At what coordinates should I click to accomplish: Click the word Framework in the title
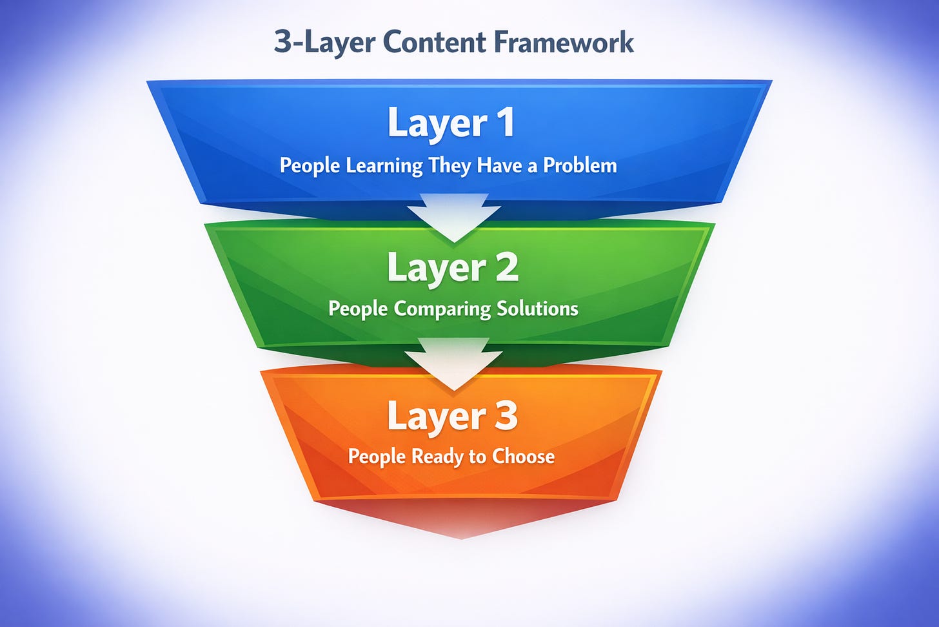tap(564, 43)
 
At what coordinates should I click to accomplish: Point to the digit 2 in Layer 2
tap(507, 267)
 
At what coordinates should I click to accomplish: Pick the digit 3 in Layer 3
tap(506, 416)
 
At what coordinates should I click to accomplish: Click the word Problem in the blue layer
tap(580, 165)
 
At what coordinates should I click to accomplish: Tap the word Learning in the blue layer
tap(384, 166)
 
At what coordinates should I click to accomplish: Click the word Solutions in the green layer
tap(537, 308)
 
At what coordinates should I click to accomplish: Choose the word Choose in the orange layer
tap(523, 457)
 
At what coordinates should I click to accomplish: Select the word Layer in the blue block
tap(437, 123)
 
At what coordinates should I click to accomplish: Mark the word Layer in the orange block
tap(436, 417)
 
